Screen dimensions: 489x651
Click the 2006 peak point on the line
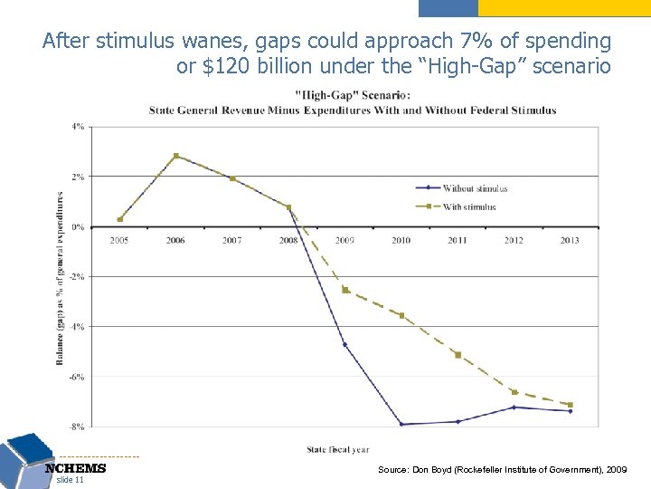coord(176,156)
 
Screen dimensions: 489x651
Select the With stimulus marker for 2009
coord(345,290)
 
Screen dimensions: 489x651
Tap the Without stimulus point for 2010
coord(401,424)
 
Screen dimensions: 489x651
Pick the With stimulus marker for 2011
coord(458,354)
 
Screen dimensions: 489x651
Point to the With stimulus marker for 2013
coord(571,405)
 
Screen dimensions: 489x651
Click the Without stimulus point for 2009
coord(345,344)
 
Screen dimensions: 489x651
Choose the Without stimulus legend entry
coord(474,188)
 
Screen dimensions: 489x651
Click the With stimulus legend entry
coord(468,206)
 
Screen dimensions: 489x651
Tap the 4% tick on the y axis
coord(78,127)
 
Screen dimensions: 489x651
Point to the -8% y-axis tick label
coord(77,426)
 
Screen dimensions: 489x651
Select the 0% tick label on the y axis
coord(78,226)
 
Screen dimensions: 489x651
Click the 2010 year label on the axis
coord(401,240)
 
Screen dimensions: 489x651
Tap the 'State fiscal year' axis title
coord(337,449)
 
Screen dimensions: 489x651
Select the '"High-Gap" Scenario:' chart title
coord(354,94)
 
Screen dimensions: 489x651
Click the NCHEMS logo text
coord(76,468)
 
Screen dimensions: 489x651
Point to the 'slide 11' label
coord(70,480)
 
